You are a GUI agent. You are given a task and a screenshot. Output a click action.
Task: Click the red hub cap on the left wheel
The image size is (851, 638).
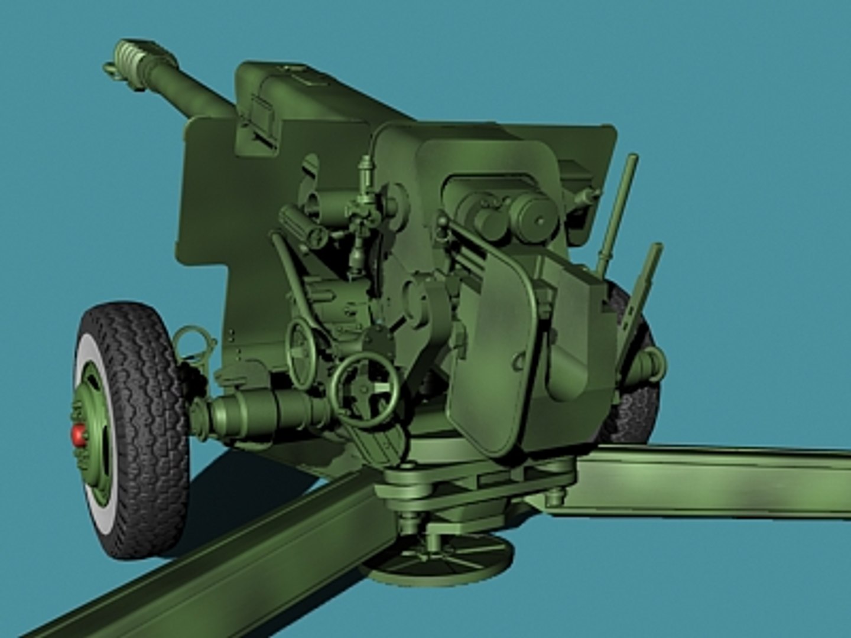pos(79,435)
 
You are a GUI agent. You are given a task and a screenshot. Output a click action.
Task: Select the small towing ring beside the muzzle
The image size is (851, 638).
pos(112,69)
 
